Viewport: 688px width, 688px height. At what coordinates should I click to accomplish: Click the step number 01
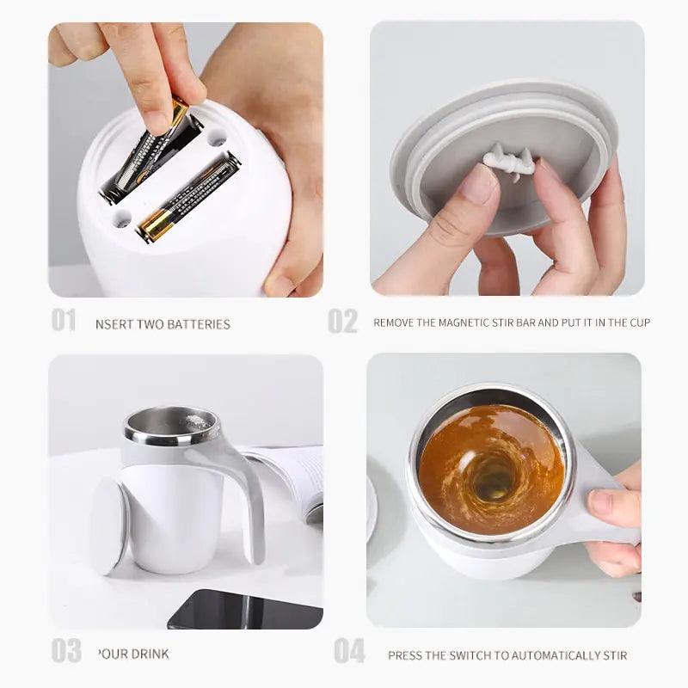tap(63, 321)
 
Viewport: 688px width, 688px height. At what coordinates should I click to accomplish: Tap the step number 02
tap(342, 321)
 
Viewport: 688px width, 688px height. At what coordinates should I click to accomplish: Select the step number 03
tap(65, 651)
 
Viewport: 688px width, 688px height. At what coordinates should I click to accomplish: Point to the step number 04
tap(349, 651)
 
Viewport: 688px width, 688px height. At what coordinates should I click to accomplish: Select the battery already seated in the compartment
tap(187, 198)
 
